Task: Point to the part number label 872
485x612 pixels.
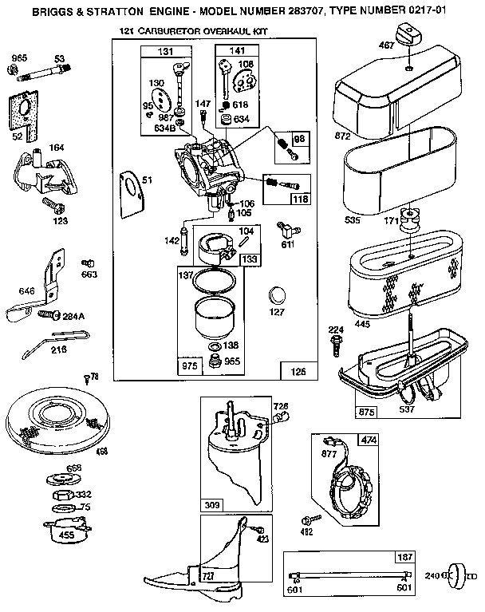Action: point(343,136)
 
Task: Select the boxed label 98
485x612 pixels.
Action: point(299,137)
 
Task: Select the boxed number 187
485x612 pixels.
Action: point(406,556)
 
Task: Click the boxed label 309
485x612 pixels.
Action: point(212,505)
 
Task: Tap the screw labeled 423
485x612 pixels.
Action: point(257,530)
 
